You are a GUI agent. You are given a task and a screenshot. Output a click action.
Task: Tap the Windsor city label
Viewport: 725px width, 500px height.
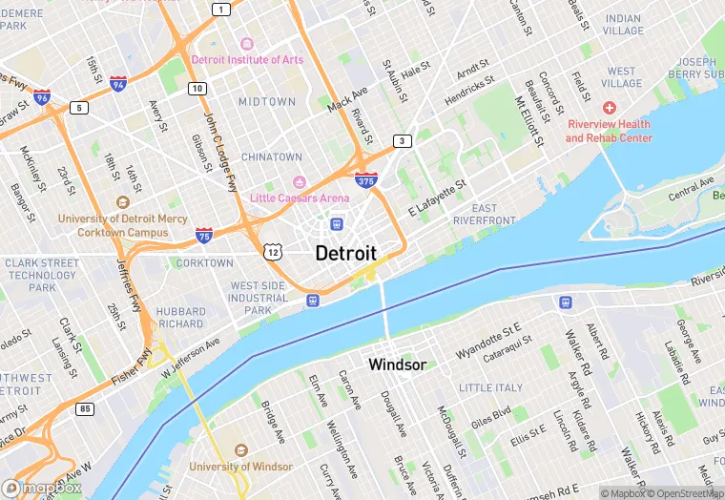click(x=397, y=365)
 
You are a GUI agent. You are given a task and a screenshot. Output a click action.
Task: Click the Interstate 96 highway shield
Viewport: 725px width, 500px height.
click(x=41, y=96)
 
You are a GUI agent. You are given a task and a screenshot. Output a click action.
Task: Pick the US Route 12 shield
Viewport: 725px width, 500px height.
click(x=273, y=250)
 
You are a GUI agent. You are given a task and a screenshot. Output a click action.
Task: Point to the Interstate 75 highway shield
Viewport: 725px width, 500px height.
click(x=204, y=234)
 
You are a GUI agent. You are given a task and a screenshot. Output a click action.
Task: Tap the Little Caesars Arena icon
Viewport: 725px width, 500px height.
click(x=299, y=182)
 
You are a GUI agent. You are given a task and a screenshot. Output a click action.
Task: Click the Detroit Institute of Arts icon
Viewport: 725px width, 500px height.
click(x=247, y=44)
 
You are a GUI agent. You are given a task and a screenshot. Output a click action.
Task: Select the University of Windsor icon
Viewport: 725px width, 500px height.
click(x=240, y=450)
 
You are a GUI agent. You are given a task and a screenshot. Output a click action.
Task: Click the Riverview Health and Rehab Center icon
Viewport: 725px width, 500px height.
click(x=609, y=109)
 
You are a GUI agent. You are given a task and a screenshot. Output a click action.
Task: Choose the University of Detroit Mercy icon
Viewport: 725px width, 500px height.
click(x=121, y=202)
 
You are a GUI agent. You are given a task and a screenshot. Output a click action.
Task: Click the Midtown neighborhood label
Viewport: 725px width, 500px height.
click(x=267, y=101)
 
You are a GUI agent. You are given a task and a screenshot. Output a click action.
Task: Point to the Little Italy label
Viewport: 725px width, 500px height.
click(x=490, y=387)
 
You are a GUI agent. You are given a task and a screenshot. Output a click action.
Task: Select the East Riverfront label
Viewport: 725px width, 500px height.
click(x=485, y=214)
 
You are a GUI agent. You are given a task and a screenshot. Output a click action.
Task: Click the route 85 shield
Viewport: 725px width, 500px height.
click(x=86, y=409)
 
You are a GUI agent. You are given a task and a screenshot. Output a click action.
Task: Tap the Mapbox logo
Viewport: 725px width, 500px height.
click(x=42, y=488)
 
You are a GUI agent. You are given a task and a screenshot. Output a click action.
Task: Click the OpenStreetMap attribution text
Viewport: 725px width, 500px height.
click(x=685, y=492)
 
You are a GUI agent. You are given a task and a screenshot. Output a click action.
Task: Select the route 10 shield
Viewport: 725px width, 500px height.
click(x=197, y=89)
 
